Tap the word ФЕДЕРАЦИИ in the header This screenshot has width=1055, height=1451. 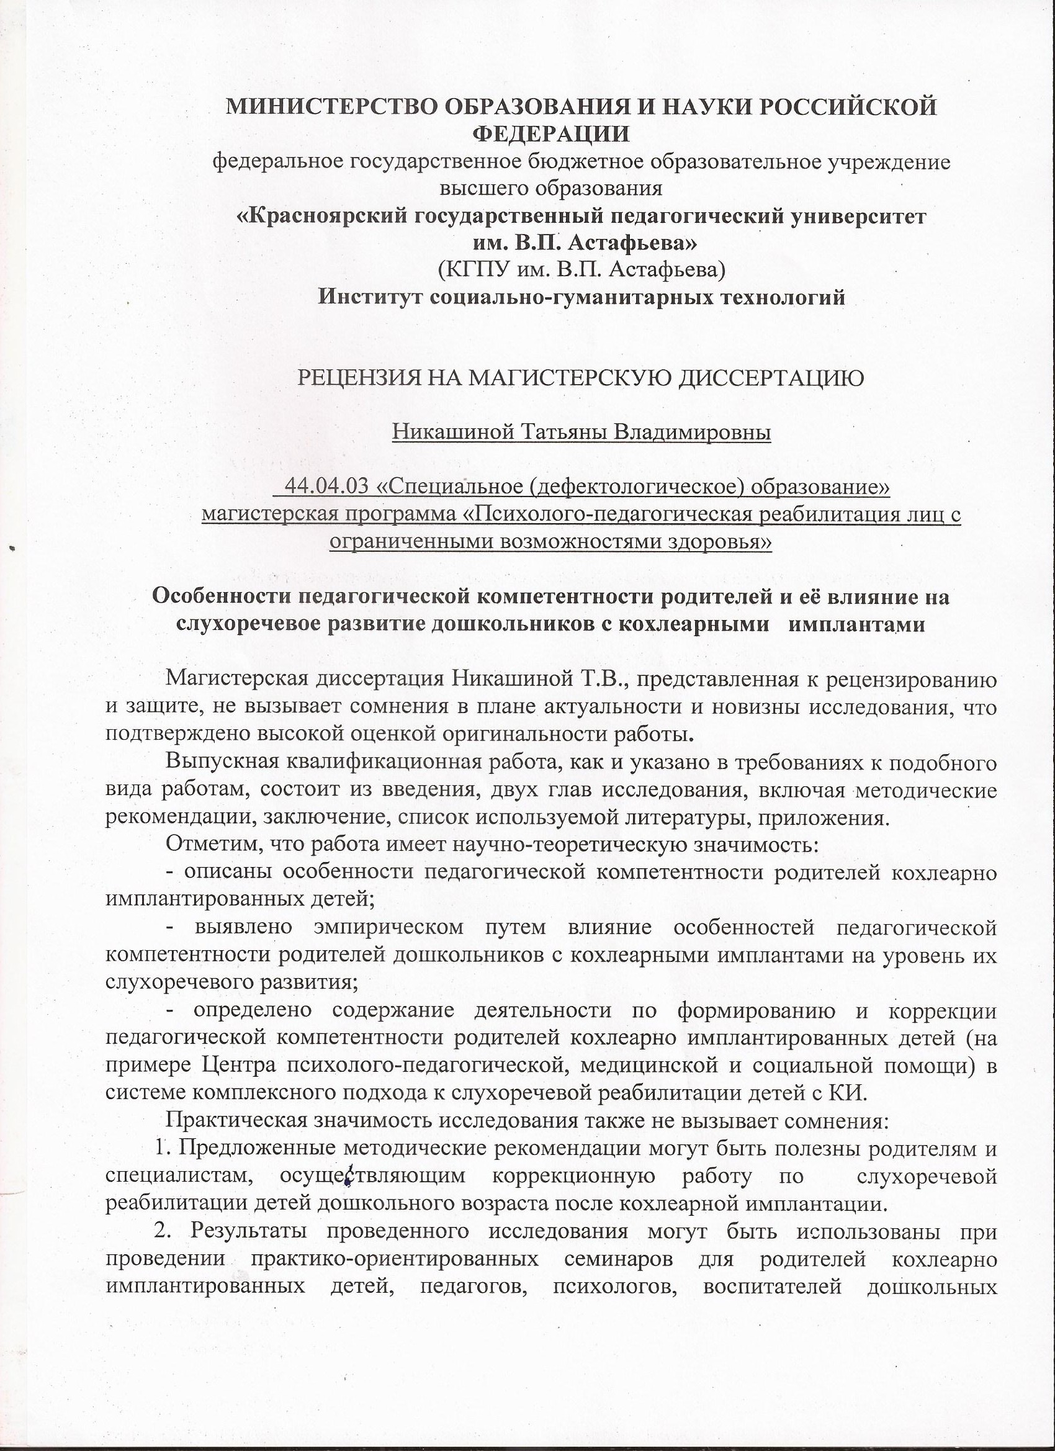pyautogui.click(x=551, y=133)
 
